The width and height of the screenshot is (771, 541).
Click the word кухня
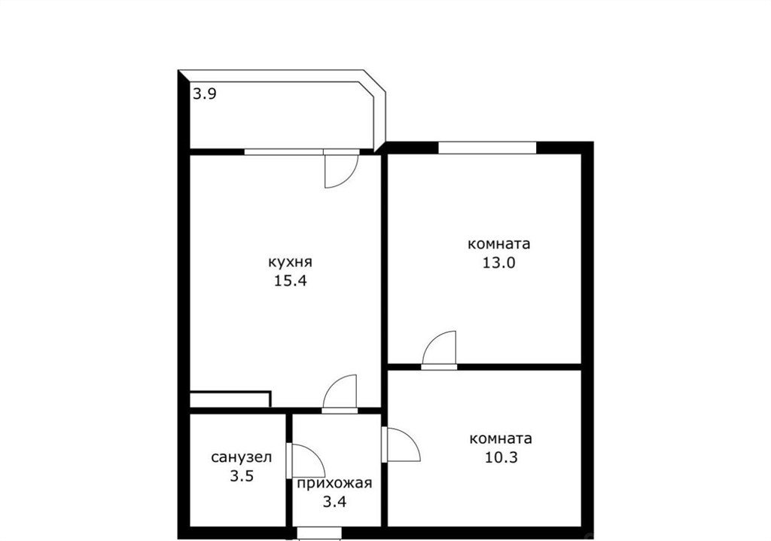tap(290, 262)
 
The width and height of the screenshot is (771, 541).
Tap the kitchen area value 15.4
tap(291, 281)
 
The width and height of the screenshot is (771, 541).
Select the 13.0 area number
tap(498, 263)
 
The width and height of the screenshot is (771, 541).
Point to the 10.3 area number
tap(501, 458)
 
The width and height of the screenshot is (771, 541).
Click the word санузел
tap(242, 457)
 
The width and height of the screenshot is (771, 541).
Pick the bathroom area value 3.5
tap(242, 476)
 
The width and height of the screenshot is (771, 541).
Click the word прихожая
tap(334, 484)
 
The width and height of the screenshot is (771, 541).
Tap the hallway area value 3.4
tap(334, 502)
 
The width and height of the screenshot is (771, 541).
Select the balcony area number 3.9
tap(204, 93)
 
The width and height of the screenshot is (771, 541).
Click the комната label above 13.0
tap(499, 244)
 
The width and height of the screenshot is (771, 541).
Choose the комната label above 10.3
tap(501, 439)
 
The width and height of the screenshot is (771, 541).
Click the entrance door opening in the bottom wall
tap(319, 533)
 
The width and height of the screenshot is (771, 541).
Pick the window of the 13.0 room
tap(487, 147)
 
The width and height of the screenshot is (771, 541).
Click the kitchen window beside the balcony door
tap(284, 151)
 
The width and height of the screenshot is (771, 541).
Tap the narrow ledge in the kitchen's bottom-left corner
tap(230, 399)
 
